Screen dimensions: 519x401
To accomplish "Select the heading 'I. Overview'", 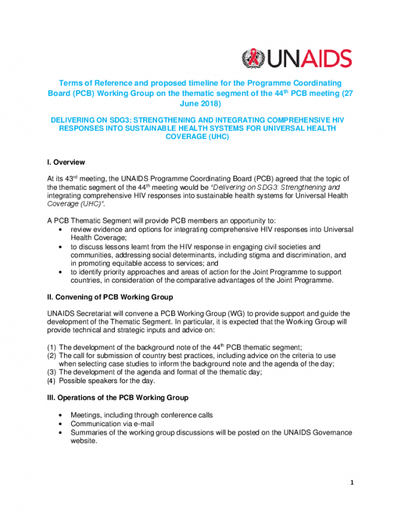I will pos(66,162).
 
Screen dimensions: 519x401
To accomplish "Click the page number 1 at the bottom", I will pos(353,483).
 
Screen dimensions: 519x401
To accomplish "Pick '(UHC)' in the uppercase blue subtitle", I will pos(218,136).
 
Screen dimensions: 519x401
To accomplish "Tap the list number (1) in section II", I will pos(51,347).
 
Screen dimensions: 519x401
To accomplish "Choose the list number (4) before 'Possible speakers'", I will pos(51,380).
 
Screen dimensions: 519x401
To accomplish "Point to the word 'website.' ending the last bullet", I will pos(83,441).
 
